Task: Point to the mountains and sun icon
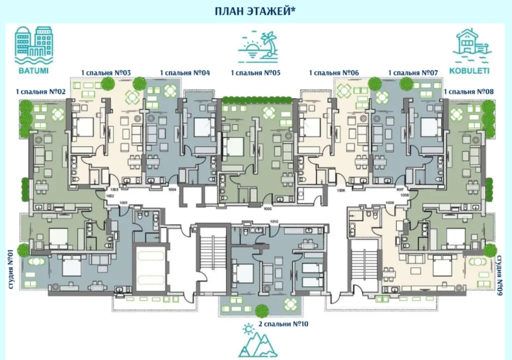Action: coord(257,342)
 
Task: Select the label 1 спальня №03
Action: coord(106,73)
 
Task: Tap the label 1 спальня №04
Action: coord(184,73)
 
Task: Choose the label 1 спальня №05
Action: coord(255,73)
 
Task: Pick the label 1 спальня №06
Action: coord(334,73)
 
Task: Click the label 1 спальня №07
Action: coord(413,73)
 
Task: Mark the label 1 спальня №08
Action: coord(468,92)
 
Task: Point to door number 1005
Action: coord(267,209)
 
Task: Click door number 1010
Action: coord(273,221)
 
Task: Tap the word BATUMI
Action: coord(34,70)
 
